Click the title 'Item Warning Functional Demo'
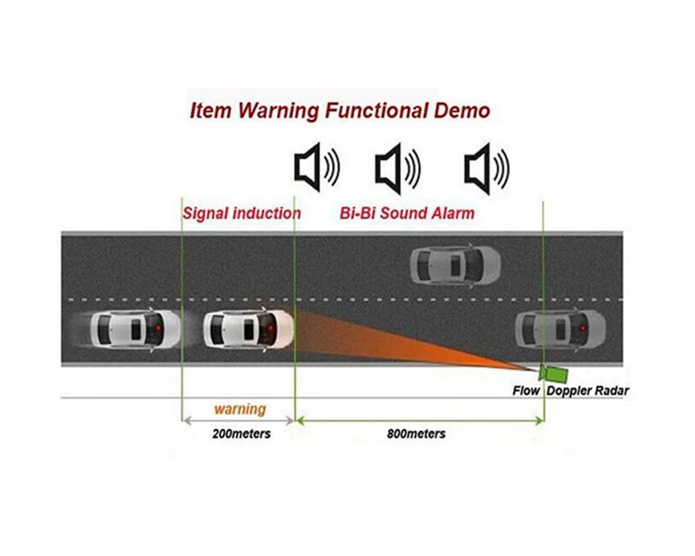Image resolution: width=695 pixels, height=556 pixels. (x=340, y=111)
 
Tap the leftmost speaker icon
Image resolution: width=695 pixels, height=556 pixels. (x=316, y=167)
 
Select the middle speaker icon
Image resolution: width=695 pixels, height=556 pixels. (x=398, y=168)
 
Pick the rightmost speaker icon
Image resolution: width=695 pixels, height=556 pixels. (x=486, y=168)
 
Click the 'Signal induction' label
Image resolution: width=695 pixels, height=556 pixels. (x=242, y=213)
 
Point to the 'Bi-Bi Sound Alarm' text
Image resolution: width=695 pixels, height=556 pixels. (x=407, y=213)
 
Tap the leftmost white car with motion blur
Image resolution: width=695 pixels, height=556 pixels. (x=133, y=330)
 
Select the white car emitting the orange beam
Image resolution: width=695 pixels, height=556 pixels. (x=248, y=330)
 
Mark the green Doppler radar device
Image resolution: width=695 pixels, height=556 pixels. (x=554, y=374)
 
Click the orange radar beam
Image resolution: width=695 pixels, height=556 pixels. (x=399, y=339)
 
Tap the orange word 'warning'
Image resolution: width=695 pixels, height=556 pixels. (x=240, y=409)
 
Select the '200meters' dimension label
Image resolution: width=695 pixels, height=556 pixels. (x=241, y=434)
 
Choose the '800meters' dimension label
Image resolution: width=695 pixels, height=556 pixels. (x=416, y=434)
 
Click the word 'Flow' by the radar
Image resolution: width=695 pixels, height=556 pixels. (x=525, y=391)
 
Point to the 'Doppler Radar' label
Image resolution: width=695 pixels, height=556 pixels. (x=588, y=391)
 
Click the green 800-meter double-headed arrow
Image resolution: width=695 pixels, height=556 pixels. (x=419, y=420)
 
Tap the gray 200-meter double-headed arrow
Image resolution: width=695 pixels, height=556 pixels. (x=238, y=420)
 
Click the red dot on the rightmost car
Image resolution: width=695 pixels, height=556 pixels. (x=582, y=329)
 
